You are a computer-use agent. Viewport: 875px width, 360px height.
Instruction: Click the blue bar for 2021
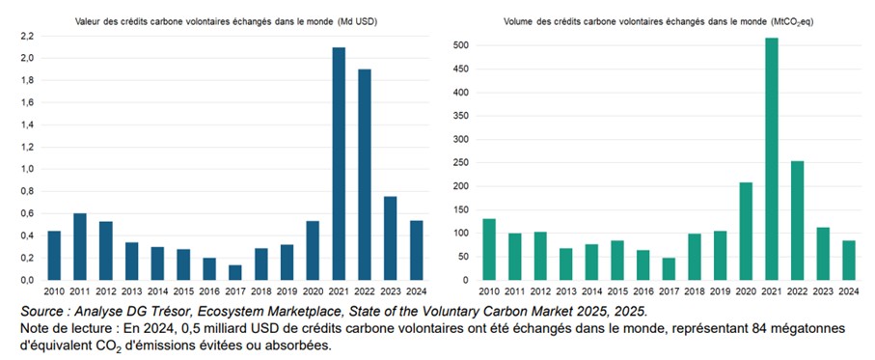(338, 164)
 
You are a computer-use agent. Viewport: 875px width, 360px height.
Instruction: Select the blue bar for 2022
(364, 175)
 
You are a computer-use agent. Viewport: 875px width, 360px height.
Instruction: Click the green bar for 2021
(771, 159)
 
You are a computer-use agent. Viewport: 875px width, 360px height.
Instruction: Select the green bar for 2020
(745, 231)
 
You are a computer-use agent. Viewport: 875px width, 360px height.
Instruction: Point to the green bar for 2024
(848, 260)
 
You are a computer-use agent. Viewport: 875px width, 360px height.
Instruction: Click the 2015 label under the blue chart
(183, 289)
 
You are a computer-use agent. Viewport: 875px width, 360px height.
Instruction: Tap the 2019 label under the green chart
(720, 289)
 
